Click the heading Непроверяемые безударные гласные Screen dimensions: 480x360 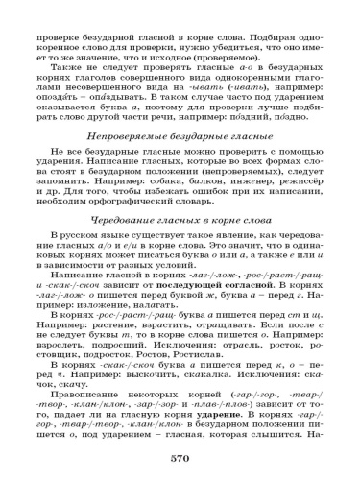pos(180,141)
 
